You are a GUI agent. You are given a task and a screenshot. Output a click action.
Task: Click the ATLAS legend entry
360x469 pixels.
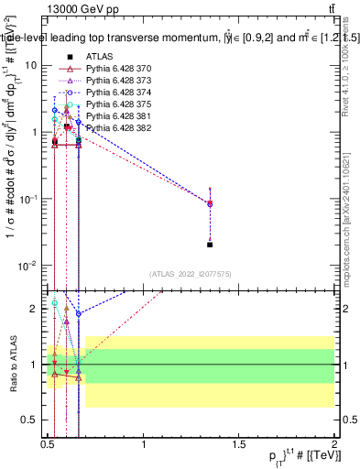(x=100, y=56)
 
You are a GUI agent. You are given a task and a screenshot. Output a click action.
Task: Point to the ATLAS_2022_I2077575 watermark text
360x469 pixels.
(x=191, y=274)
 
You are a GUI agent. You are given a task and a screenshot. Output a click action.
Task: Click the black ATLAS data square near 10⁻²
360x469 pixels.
(x=211, y=245)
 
